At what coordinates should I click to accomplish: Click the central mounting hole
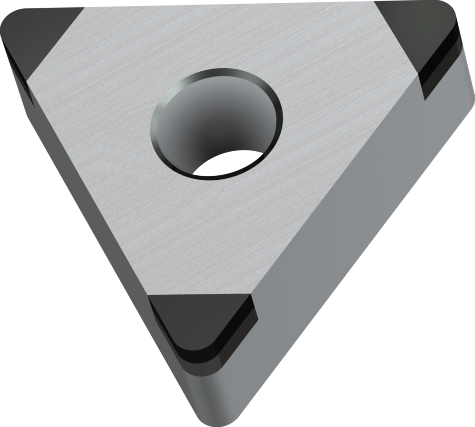[x=217, y=123]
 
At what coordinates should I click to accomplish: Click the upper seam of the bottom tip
[x=199, y=297]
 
